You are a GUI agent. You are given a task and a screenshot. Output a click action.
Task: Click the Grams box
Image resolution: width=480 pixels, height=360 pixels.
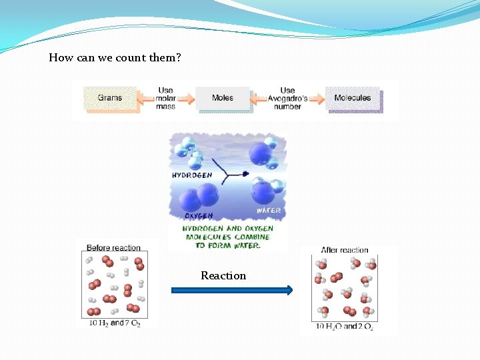(x=110, y=98)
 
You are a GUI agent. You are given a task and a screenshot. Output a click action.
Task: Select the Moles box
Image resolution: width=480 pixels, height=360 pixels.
(x=223, y=98)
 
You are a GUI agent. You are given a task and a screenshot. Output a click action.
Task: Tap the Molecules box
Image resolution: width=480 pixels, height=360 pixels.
(x=353, y=98)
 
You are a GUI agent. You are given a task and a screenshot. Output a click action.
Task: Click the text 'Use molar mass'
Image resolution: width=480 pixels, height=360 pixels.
(x=166, y=98)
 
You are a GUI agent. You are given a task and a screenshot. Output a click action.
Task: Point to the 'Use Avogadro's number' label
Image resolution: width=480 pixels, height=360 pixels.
(x=288, y=98)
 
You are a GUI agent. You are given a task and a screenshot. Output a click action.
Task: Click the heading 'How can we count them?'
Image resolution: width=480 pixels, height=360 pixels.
(x=115, y=57)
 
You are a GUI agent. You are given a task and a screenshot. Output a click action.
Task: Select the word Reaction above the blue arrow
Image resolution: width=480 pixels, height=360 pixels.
(x=223, y=275)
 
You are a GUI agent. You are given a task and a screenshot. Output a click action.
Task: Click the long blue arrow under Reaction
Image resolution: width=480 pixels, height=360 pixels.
(x=232, y=290)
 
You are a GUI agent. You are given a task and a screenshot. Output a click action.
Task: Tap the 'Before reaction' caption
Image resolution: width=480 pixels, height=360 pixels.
(x=114, y=248)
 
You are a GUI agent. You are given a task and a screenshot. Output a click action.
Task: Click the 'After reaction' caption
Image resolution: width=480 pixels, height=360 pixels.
(x=345, y=250)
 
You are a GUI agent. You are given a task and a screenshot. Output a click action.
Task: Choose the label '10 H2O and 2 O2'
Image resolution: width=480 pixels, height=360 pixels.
(x=345, y=327)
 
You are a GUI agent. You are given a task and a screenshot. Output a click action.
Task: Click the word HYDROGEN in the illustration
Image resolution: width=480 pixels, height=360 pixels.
(x=192, y=175)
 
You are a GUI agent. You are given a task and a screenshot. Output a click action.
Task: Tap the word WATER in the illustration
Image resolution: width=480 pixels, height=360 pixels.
(x=269, y=211)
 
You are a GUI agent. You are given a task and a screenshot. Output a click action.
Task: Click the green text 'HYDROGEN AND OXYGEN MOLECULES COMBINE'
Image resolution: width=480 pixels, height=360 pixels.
(x=227, y=233)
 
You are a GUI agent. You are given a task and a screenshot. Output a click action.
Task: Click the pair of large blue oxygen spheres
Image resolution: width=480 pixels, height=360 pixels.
(x=199, y=196)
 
